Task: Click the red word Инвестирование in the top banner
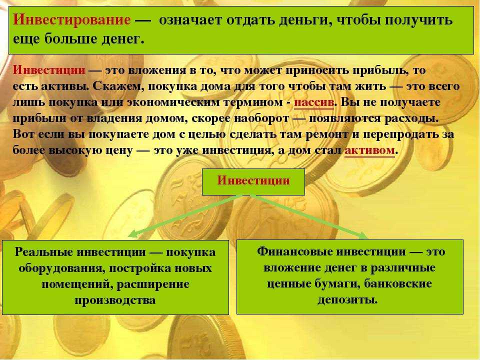click(72, 20)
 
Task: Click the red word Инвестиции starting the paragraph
click(49, 70)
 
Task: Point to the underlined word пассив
click(314, 102)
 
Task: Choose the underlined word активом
click(369, 150)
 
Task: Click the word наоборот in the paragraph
click(261, 118)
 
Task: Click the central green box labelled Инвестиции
click(253, 181)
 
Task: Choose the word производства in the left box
click(115, 300)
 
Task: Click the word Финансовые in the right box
click(294, 251)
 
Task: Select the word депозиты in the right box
click(347, 299)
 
